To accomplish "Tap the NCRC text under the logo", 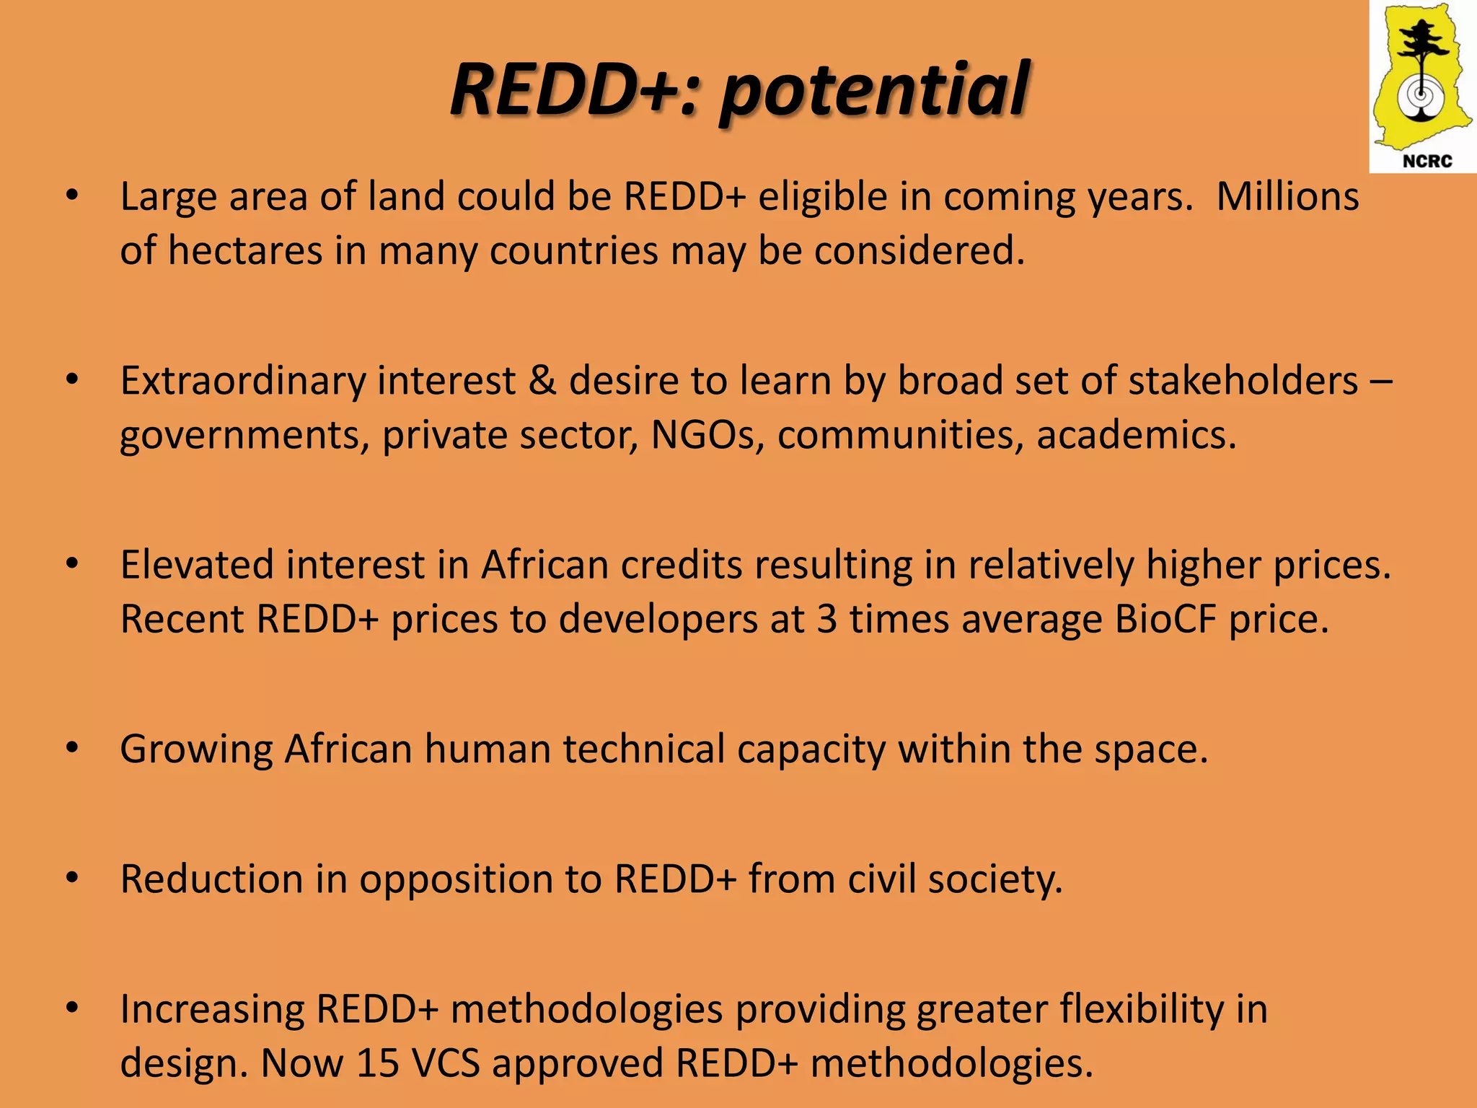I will [x=1427, y=161].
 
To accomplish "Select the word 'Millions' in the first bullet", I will [x=1287, y=196].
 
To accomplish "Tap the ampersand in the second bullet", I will [x=542, y=381].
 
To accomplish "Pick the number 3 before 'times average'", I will [x=827, y=619].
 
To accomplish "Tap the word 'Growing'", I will [x=196, y=749].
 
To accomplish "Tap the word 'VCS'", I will [x=446, y=1063].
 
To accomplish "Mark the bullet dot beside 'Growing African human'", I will [x=71, y=749].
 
